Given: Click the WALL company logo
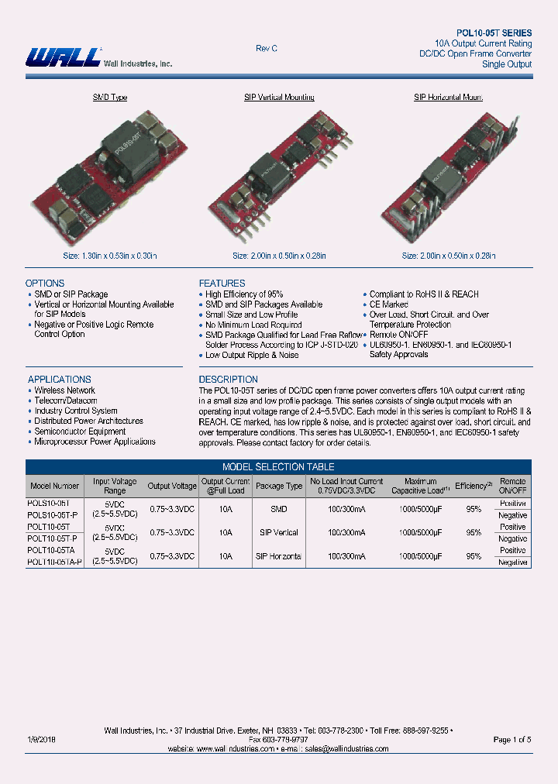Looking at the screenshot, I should [64, 57].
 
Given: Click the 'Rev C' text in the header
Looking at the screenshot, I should [267, 49].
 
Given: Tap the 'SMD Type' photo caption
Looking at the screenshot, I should [110, 98].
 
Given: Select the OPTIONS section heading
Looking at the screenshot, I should [45, 284].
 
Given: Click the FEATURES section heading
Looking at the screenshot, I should [222, 284].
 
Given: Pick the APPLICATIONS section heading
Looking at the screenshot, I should [60, 380].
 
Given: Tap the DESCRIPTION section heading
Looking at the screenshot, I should [229, 380].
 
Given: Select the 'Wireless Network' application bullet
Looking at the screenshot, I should [64, 390].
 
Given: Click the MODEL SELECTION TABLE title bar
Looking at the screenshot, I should [278, 467].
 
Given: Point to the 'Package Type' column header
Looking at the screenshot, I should [279, 487].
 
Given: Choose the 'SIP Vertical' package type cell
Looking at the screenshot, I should [279, 533].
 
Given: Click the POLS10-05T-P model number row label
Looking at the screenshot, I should [52, 515].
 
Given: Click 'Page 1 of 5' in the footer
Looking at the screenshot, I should [512, 740].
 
